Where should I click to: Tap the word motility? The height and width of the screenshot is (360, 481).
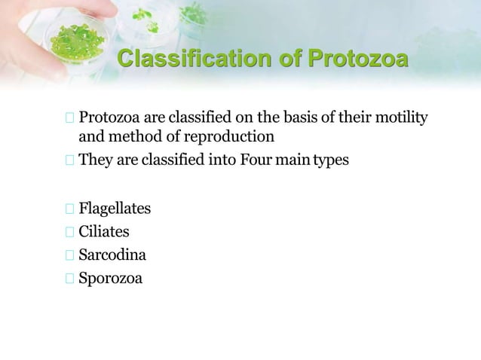[x=400, y=118]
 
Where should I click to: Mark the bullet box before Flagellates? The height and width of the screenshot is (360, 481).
[x=70, y=207]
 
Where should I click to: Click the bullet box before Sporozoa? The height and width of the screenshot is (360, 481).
[x=70, y=279]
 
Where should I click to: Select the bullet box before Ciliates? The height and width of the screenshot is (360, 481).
[x=70, y=231]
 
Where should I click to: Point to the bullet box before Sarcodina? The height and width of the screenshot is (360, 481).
[x=70, y=255]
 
